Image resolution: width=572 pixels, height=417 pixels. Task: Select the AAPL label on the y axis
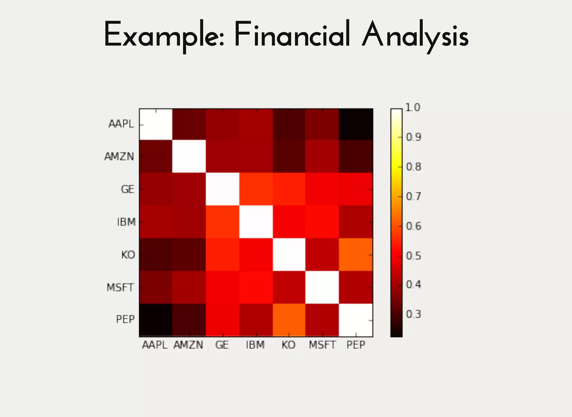(121, 124)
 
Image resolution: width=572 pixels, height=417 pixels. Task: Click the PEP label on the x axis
(356, 345)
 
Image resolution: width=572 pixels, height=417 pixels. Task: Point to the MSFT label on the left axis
(120, 287)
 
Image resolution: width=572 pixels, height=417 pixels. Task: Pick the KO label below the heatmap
(289, 345)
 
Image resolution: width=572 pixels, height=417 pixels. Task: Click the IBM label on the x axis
(255, 345)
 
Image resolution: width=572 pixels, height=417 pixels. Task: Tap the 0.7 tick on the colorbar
(413, 196)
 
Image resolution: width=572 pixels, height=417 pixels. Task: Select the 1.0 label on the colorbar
(413, 107)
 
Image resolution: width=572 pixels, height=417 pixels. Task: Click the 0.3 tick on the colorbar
(413, 314)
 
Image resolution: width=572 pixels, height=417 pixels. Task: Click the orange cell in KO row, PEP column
(356, 254)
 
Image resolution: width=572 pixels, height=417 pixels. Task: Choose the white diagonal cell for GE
(223, 189)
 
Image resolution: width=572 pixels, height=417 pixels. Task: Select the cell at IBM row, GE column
(223, 222)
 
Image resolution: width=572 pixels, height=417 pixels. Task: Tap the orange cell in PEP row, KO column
(289, 320)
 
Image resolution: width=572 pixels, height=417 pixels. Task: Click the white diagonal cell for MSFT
(322, 287)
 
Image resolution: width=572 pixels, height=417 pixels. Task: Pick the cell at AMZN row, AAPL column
(156, 156)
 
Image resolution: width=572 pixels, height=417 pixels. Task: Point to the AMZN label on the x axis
(188, 345)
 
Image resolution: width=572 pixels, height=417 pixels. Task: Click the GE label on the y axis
(128, 189)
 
